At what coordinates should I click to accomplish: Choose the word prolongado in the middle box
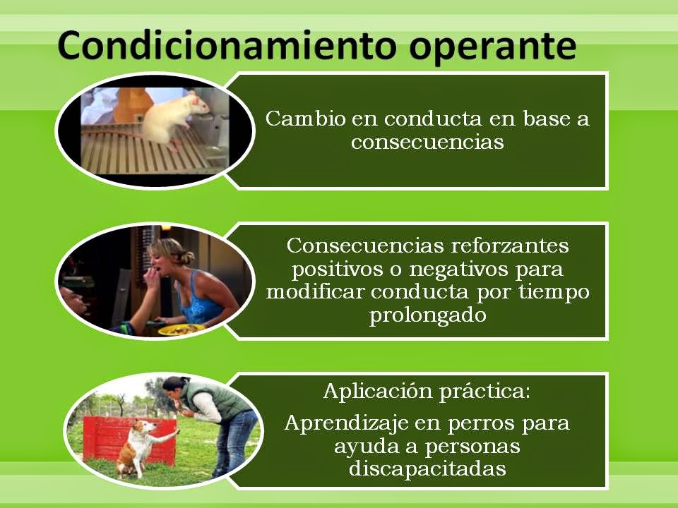click(x=427, y=315)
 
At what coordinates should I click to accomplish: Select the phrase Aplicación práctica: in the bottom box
click(x=426, y=391)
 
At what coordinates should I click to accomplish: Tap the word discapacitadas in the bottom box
click(x=427, y=468)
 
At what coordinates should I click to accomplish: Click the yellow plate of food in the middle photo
click(x=180, y=329)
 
